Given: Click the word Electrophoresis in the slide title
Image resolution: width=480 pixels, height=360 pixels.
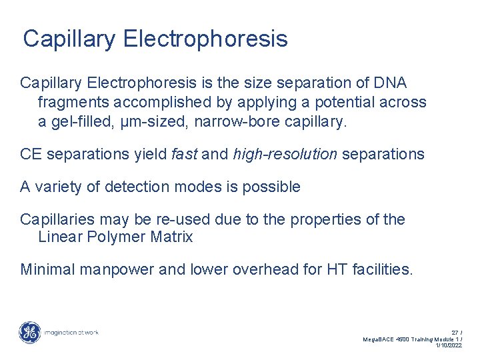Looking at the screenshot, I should pyautogui.click(x=205, y=39).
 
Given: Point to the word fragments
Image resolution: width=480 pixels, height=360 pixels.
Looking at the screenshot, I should pyautogui.click(x=73, y=102).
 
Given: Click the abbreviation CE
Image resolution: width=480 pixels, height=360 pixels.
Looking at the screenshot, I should pyautogui.click(x=31, y=155).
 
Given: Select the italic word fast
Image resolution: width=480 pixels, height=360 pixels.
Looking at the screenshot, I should pyautogui.click(x=183, y=155).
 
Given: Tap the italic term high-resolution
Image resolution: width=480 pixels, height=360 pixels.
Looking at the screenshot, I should pyautogui.click(x=285, y=155).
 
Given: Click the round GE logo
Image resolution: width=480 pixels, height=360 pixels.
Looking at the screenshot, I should pyautogui.click(x=29, y=332).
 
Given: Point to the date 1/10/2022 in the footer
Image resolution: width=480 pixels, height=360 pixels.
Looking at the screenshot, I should pyautogui.click(x=448, y=345).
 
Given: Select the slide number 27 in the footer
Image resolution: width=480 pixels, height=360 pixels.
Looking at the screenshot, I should pyautogui.click(x=455, y=332).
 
